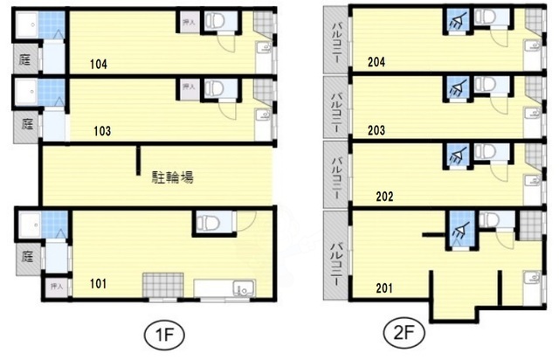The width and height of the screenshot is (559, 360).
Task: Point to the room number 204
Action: point(377,62)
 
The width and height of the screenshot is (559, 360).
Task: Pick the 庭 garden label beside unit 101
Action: point(26,258)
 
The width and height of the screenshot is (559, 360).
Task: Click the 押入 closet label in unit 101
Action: point(58,286)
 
